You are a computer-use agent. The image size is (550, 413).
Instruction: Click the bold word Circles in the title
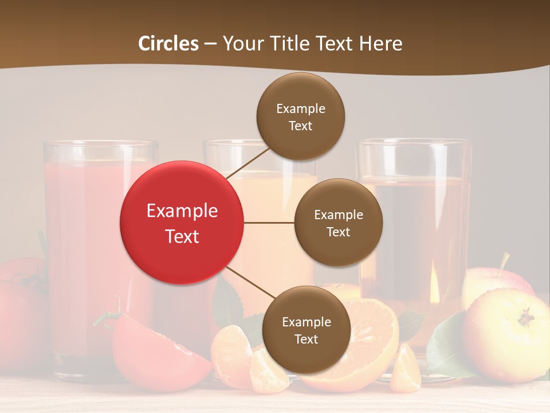click(168, 44)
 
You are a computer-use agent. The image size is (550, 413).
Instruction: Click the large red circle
click(182, 223)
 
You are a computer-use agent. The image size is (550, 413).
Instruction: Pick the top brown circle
click(300, 116)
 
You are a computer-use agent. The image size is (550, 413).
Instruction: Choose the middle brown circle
click(338, 223)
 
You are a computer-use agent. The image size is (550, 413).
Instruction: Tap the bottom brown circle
click(306, 330)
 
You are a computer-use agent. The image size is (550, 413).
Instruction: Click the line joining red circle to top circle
click(247, 161)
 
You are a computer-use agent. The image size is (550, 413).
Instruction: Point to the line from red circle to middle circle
click(269, 223)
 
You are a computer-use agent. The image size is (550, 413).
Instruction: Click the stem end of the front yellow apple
click(526, 317)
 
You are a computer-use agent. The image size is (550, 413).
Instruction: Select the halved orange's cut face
click(367, 338)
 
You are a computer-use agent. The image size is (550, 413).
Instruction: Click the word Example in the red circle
click(182, 211)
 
